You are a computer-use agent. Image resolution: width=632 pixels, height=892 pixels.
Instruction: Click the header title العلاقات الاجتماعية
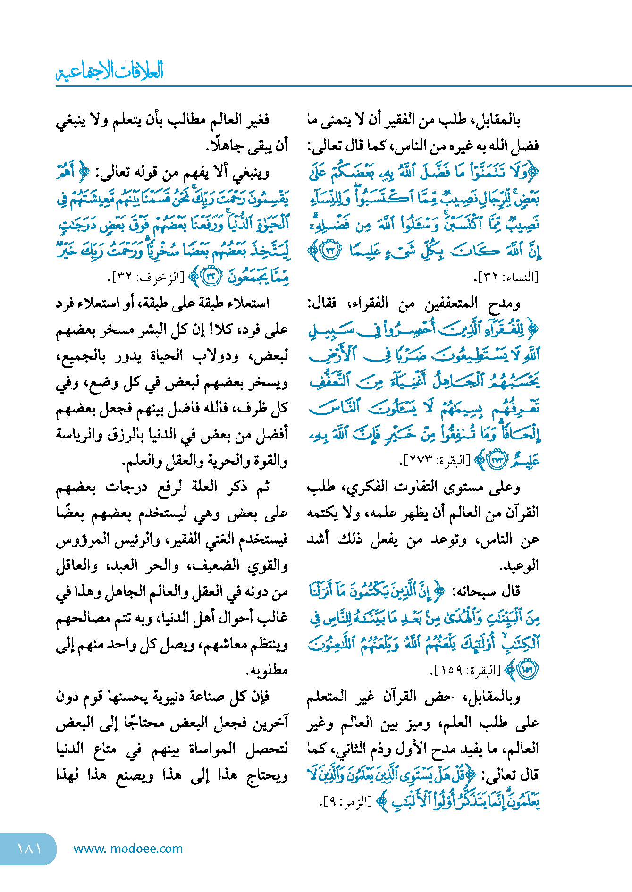110,71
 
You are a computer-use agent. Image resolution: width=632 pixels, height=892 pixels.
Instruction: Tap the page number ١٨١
29,849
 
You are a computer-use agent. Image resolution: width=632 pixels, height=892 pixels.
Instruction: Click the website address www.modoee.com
128,849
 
